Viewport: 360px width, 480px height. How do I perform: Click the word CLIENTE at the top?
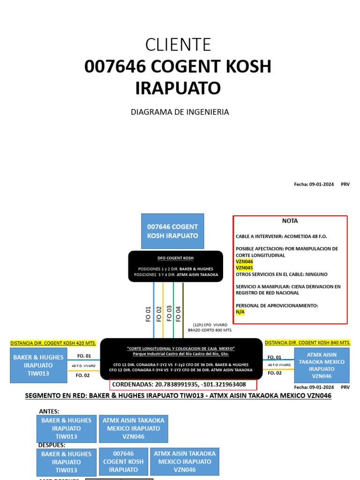(178, 44)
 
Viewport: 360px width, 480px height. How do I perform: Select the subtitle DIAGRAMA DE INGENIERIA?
(180, 112)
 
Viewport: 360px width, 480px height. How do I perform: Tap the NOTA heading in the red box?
(290, 221)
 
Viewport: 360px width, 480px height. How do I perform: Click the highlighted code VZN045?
(244, 268)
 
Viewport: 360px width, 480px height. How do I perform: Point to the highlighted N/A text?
(240, 311)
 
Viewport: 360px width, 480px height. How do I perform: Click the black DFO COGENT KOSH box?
(175, 266)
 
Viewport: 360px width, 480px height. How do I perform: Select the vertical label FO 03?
(169, 313)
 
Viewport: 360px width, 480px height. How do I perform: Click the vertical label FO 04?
(178, 313)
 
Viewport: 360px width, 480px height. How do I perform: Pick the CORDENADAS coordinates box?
(183, 385)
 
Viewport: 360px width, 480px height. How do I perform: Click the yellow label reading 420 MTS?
(53, 343)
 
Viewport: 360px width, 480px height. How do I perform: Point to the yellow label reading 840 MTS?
(307, 343)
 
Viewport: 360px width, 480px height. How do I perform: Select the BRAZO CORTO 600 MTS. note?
(210, 330)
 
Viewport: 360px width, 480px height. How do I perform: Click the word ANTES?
(49, 411)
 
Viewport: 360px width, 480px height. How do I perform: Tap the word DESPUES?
(52, 445)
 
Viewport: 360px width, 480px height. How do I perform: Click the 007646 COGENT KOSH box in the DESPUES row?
(123, 462)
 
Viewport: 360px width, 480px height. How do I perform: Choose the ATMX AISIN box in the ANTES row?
(134, 428)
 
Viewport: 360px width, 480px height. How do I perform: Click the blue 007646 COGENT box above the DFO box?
(172, 231)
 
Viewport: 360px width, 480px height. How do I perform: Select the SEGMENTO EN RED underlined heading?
(178, 396)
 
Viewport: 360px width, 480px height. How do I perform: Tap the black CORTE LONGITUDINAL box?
(181, 359)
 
